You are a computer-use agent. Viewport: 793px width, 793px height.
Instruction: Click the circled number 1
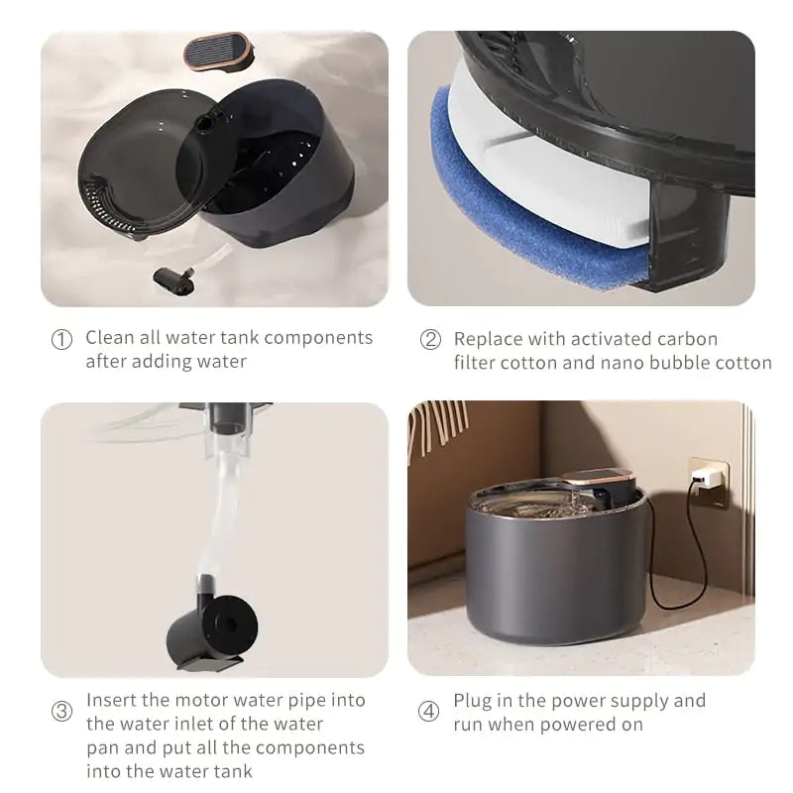tap(61, 339)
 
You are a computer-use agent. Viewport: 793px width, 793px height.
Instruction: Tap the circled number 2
tap(430, 339)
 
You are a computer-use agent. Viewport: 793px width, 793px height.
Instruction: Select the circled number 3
tap(61, 712)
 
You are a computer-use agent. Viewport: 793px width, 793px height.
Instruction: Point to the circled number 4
tap(430, 712)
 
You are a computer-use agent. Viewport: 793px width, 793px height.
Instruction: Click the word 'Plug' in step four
tap(473, 701)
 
